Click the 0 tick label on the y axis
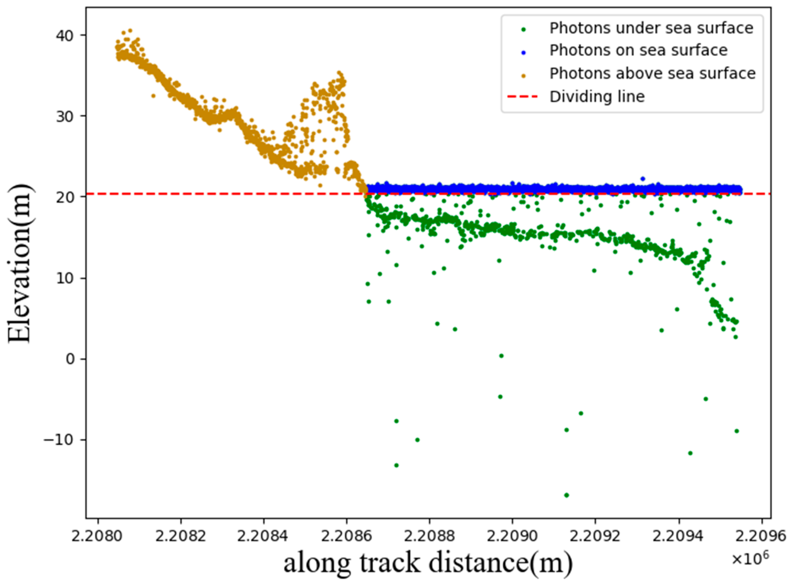coord(71,359)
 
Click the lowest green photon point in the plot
coord(566,495)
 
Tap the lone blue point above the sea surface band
coord(643,179)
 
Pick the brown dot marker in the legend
coord(524,75)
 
